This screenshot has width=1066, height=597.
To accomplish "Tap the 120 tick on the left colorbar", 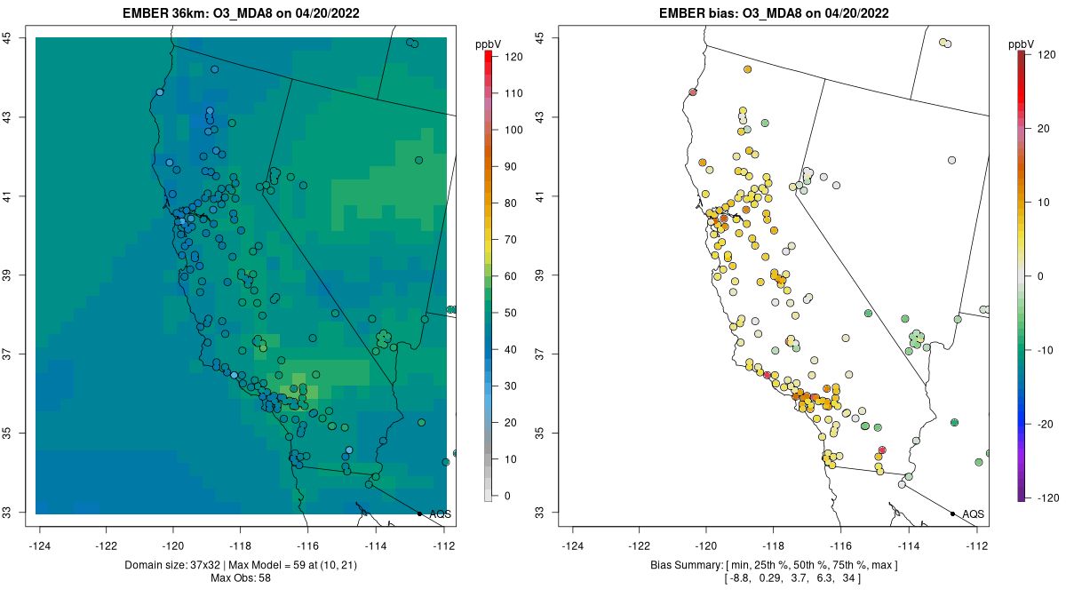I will (513, 56).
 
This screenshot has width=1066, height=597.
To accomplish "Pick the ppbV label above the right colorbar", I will (1022, 44).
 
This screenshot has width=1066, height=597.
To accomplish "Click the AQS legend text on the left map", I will (440, 514).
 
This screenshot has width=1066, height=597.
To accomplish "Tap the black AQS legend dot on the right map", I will (952, 513).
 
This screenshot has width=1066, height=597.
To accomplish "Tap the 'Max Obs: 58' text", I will (241, 578).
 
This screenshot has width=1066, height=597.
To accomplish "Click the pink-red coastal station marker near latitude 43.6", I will (692, 92).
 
